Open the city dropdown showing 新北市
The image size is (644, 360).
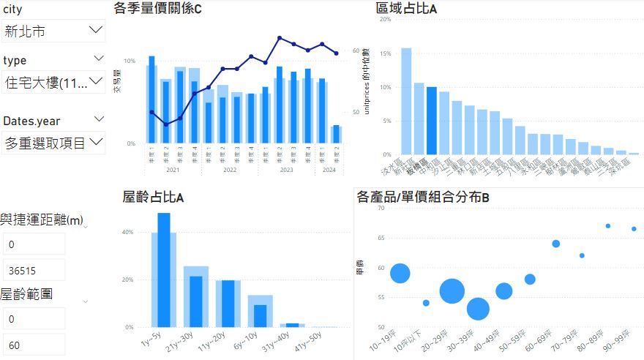coord(53,31)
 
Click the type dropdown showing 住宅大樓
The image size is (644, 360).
coord(53,82)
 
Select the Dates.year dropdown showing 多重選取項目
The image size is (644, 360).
coord(53,141)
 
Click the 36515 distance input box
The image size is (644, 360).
coord(34,269)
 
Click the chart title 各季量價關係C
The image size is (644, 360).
coord(157,8)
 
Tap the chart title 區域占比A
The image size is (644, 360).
coord(406,8)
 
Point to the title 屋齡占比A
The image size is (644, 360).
coord(153,196)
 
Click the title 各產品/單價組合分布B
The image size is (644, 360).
coord(422,196)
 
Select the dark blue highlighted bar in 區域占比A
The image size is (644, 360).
coord(432,121)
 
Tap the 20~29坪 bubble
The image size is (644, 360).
coord(452,291)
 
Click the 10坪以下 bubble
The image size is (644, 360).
coord(426,303)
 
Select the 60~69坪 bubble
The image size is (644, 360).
coord(556,244)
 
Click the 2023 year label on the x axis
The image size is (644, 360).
coord(286,170)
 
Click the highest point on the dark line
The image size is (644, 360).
coord(280,37)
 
